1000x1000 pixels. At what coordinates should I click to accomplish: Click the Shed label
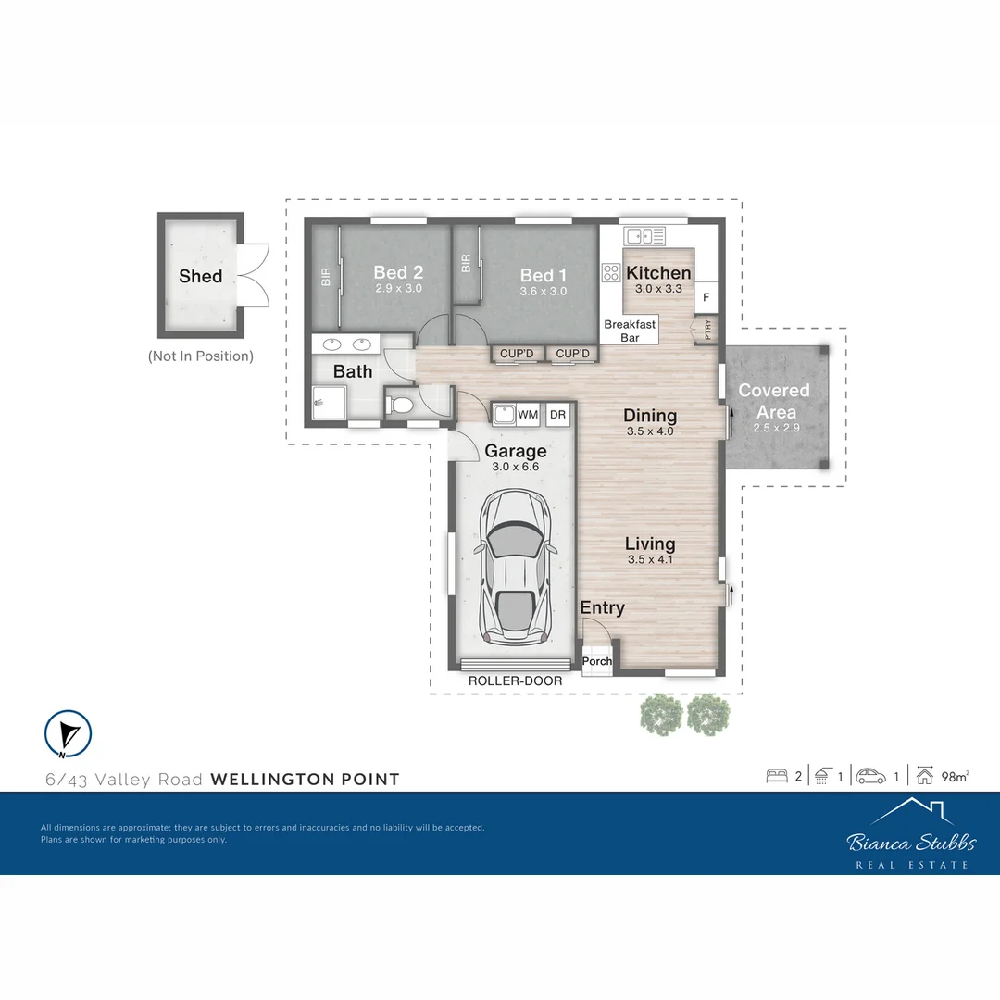[200, 276]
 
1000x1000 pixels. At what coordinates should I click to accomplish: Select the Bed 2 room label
[398, 272]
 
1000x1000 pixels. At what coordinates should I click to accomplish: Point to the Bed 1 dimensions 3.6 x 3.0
[544, 291]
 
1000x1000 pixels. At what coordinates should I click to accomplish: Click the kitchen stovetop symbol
[611, 272]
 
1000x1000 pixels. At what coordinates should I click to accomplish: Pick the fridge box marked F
[706, 297]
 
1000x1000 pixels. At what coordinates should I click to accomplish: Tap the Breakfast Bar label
[630, 331]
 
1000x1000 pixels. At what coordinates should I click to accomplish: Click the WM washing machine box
[528, 415]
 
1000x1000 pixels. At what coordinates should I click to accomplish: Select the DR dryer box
[558, 415]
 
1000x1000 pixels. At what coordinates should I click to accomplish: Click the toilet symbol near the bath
[401, 406]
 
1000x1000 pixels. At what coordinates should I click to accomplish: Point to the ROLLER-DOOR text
[515, 681]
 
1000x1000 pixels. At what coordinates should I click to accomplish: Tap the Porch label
[597, 661]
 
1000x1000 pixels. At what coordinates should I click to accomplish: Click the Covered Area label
[774, 401]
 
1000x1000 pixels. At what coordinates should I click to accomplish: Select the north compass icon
[68, 733]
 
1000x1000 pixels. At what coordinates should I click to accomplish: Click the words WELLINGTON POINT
[306, 779]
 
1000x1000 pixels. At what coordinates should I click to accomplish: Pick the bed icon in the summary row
[777, 776]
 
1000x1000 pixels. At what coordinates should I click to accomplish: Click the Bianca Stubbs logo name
[911, 842]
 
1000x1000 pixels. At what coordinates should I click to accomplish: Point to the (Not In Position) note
[200, 356]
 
